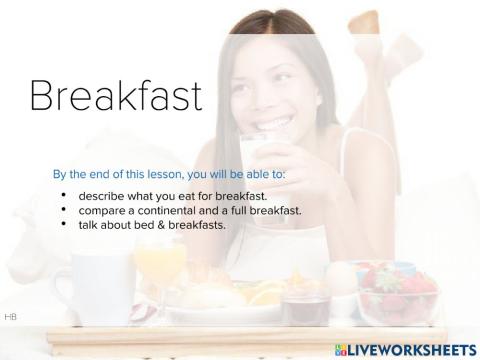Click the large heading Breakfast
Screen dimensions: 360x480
click(115, 95)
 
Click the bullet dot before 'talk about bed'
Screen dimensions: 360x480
click(64, 225)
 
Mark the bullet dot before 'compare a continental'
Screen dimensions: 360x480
click(64, 209)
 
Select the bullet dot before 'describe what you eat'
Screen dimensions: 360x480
click(64, 193)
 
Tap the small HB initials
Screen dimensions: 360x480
click(10, 316)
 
